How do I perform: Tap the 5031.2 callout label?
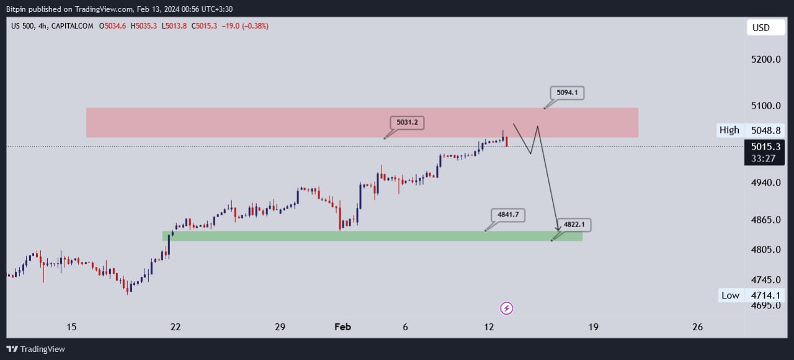pyautogui.click(x=407, y=123)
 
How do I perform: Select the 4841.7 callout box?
pyautogui.click(x=507, y=215)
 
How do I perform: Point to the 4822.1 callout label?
pyautogui.click(x=574, y=225)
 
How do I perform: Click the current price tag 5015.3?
pyautogui.click(x=765, y=147)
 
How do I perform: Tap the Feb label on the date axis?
pyautogui.click(x=342, y=327)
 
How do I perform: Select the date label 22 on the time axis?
pyautogui.click(x=176, y=327)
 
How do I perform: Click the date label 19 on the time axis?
pyautogui.click(x=593, y=327)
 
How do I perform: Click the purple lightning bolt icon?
pyautogui.click(x=507, y=308)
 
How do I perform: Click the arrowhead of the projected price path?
pyautogui.click(x=558, y=230)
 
